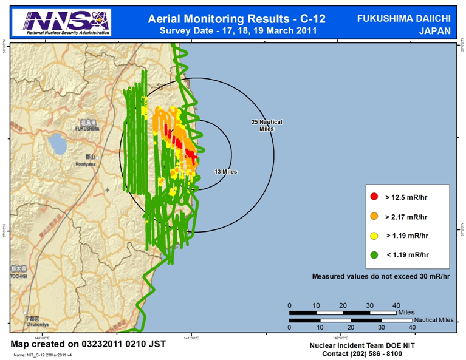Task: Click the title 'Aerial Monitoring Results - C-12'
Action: [x=236, y=18]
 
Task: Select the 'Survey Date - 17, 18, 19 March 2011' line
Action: [x=236, y=30]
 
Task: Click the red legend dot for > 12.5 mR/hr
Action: [x=375, y=197]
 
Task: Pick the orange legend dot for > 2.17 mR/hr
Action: [x=375, y=216]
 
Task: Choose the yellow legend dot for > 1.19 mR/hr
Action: [x=375, y=235]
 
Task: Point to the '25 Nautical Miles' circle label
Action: [x=267, y=125]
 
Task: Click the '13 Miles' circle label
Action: [x=225, y=172]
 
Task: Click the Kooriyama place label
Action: [x=86, y=164]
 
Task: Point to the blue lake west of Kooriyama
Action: [x=58, y=144]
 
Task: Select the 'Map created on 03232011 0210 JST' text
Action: [x=89, y=344]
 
